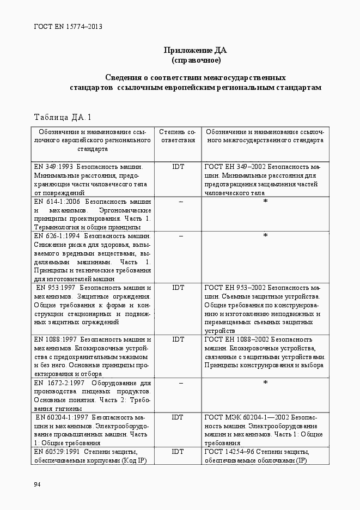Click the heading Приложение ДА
click(196, 51)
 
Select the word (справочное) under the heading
click(196, 59)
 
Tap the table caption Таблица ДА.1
click(63, 117)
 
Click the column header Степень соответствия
click(178, 136)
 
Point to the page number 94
click(37, 484)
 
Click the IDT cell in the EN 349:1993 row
click(178, 167)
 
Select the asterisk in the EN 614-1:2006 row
click(265, 202)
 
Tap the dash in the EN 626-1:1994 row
click(180, 236)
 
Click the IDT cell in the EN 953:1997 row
click(178, 287)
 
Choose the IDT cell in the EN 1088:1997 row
click(178, 339)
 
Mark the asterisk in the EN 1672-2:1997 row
click(265, 383)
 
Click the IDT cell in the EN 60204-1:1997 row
click(178, 417)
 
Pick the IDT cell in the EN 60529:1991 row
click(178, 452)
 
